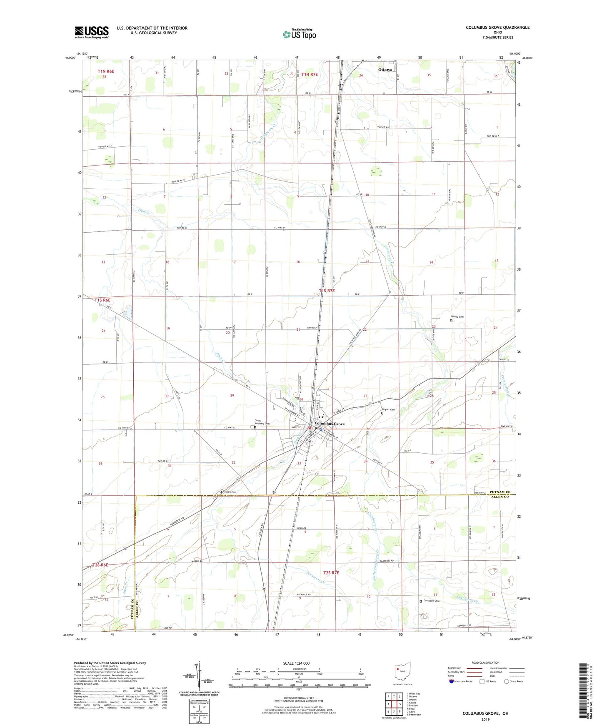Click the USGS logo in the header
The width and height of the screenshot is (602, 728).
coord(92,32)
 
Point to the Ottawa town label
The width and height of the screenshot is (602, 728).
coord(385,70)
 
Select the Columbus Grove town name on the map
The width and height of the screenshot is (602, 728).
coord(330,424)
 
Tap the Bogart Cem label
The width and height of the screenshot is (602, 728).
coord(389,409)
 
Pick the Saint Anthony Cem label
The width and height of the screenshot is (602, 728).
coord(262,422)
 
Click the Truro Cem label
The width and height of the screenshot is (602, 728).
coord(230,492)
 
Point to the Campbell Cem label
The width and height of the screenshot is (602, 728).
coord(431,601)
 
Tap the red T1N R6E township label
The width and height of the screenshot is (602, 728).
coord(106,71)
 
